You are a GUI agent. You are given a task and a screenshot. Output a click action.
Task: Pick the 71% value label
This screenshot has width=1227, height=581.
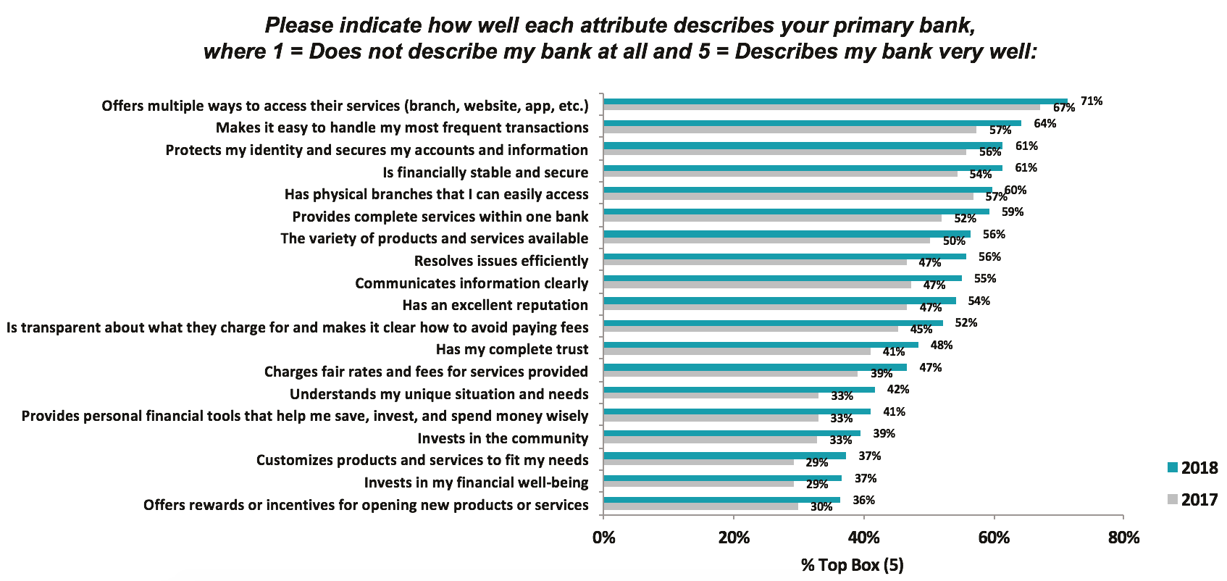[x=1092, y=101]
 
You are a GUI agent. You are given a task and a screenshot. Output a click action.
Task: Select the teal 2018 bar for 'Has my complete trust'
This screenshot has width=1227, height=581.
[x=761, y=345]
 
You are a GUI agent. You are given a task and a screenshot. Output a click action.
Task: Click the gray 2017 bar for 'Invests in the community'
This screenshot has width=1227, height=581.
[x=711, y=439]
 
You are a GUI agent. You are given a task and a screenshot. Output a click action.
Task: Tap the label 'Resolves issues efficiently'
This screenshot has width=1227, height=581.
[x=501, y=261]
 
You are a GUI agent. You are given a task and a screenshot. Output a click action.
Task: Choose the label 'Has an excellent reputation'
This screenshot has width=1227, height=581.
[x=495, y=305]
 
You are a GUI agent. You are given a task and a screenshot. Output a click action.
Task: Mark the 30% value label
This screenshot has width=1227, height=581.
[x=821, y=507]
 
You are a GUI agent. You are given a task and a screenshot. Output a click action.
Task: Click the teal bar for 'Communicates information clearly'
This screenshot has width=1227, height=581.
[x=783, y=278]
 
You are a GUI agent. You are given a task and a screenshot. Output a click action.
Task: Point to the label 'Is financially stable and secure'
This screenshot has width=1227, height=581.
[x=485, y=172]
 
